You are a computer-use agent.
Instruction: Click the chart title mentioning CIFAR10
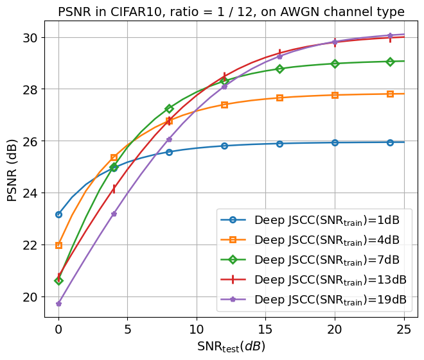231,12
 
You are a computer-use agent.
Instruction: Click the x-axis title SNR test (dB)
231,347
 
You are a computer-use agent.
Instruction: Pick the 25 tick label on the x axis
403,329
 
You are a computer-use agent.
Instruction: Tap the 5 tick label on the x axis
127,329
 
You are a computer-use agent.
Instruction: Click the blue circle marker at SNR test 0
58,214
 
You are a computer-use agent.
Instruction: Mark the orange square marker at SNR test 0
58,245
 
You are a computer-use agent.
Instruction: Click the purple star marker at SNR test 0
58,304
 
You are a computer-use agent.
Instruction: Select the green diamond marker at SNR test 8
169,108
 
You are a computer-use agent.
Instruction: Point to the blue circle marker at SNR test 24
390,142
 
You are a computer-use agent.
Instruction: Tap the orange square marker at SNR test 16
279,98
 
